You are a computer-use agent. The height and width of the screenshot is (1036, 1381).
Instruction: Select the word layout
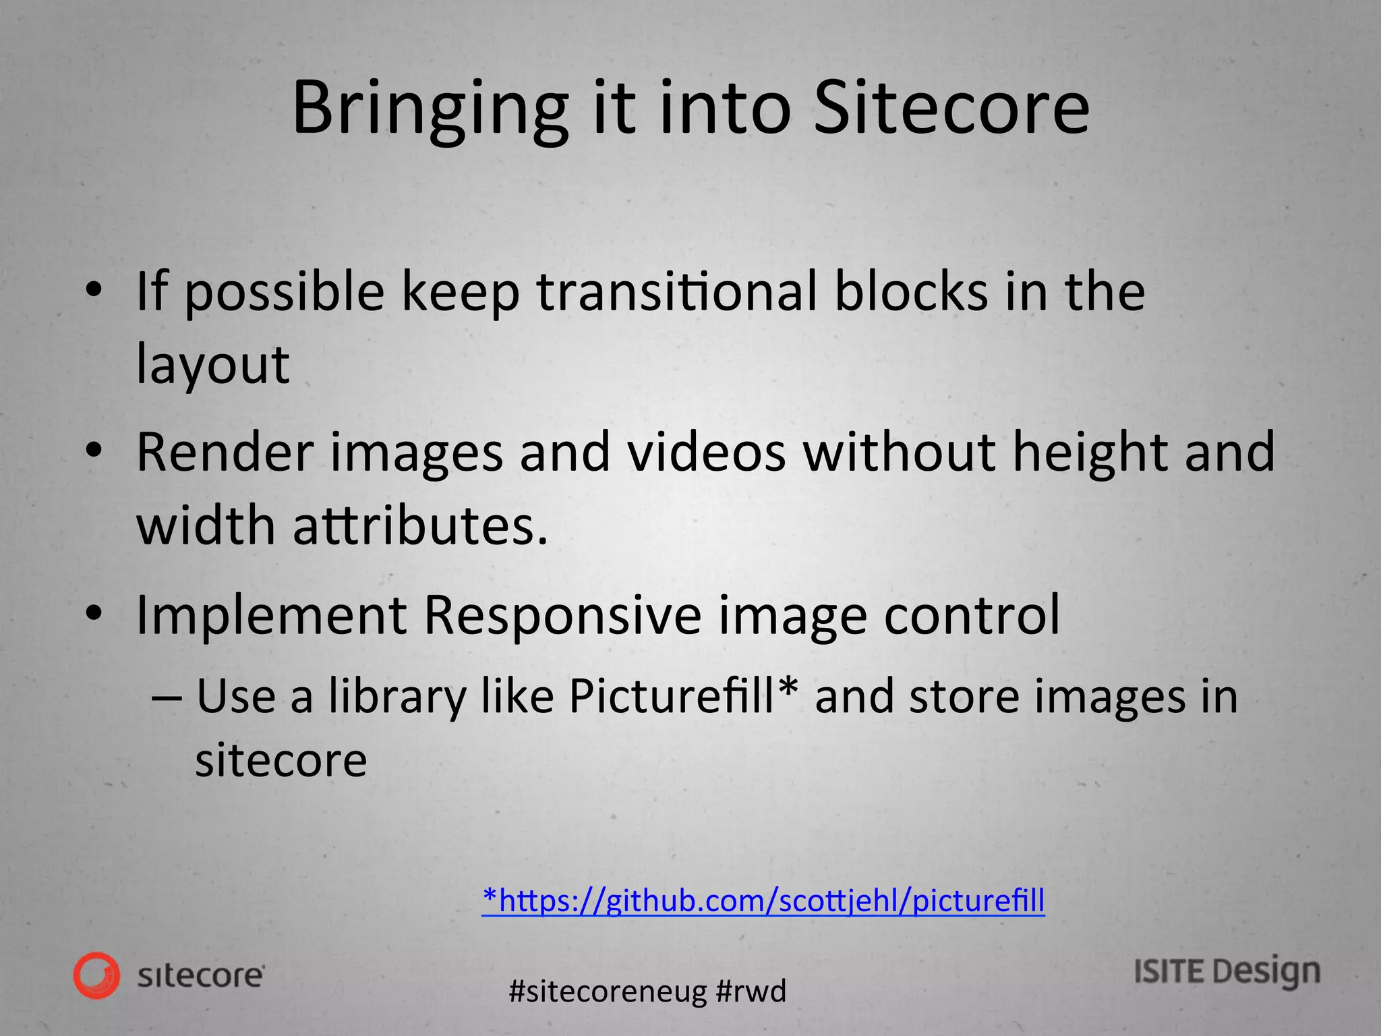click(213, 365)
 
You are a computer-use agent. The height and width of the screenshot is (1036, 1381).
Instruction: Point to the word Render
click(225, 452)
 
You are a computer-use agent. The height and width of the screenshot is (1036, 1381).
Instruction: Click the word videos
click(707, 452)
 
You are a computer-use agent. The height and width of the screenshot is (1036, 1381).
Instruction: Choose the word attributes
click(420, 525)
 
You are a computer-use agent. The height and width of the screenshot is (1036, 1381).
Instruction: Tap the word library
click(397, 697)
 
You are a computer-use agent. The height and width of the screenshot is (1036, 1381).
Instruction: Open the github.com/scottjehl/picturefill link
click(763, 900)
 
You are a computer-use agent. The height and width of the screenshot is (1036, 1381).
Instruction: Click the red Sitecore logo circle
click(97, 975)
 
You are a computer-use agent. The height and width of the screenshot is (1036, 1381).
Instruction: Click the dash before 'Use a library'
click(167, 697)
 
